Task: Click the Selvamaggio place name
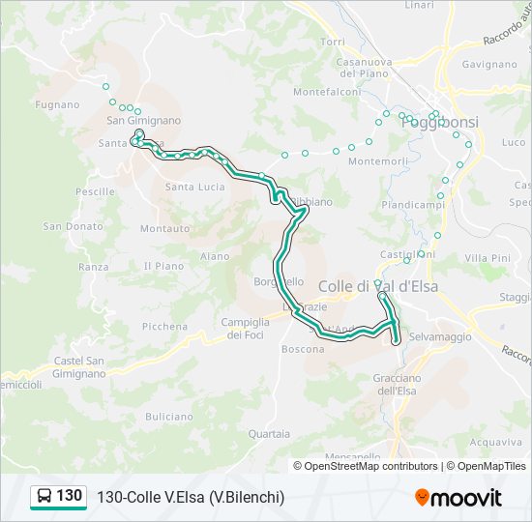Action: (x=439, y=336)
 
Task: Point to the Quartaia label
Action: (x=269, y=434)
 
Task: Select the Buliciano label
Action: (x=170, y=416)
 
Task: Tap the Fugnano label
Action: (x=57, y=103)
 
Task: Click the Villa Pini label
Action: (x=487, y=258)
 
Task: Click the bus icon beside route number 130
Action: (x=44, y=497)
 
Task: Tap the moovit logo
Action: (x=458, y=498)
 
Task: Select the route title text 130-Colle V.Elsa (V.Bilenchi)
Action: (x=191, y=497)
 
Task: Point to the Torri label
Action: (x=332, y=42)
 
